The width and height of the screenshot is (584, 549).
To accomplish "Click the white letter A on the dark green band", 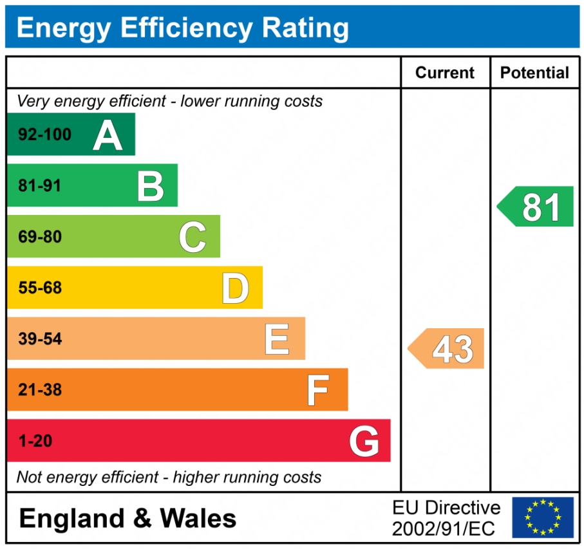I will (x=108, y=135).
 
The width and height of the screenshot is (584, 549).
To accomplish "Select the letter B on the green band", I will (x=151, y=186).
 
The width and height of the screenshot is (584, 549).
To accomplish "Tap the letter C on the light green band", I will (x=193, y=237).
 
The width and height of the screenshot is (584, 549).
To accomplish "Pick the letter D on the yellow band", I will (x=235, y=288).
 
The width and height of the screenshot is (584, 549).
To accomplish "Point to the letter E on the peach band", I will (x=277, y=339).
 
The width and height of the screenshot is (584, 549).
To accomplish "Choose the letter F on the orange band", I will (x=317, y=390).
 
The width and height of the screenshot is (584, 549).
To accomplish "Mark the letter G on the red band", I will (x=364, y=442).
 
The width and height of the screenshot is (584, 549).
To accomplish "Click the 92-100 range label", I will (x=44, y=135).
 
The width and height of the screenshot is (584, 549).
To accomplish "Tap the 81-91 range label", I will (x=40, y=186).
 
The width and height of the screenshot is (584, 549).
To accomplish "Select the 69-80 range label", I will (x=40, y=237).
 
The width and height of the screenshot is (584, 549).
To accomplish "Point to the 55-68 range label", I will (x=40, y=288).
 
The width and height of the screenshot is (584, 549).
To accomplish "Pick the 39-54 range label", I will (x=40, y=339).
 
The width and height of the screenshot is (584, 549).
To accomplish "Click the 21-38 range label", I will (x=40, y=390).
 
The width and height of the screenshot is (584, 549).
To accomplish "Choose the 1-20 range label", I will (x=35, y=442).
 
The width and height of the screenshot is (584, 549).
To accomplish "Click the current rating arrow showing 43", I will (x=447, y=349).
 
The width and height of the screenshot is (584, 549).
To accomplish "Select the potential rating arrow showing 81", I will (x=537, y=207).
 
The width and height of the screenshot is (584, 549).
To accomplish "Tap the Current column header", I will (x=445, y=73).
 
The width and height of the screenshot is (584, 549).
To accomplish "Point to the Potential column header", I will (x=534, y=73).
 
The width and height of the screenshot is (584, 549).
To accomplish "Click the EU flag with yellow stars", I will (x=542, y=517).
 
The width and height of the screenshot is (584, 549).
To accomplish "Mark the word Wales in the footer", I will (x=198, y=518).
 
